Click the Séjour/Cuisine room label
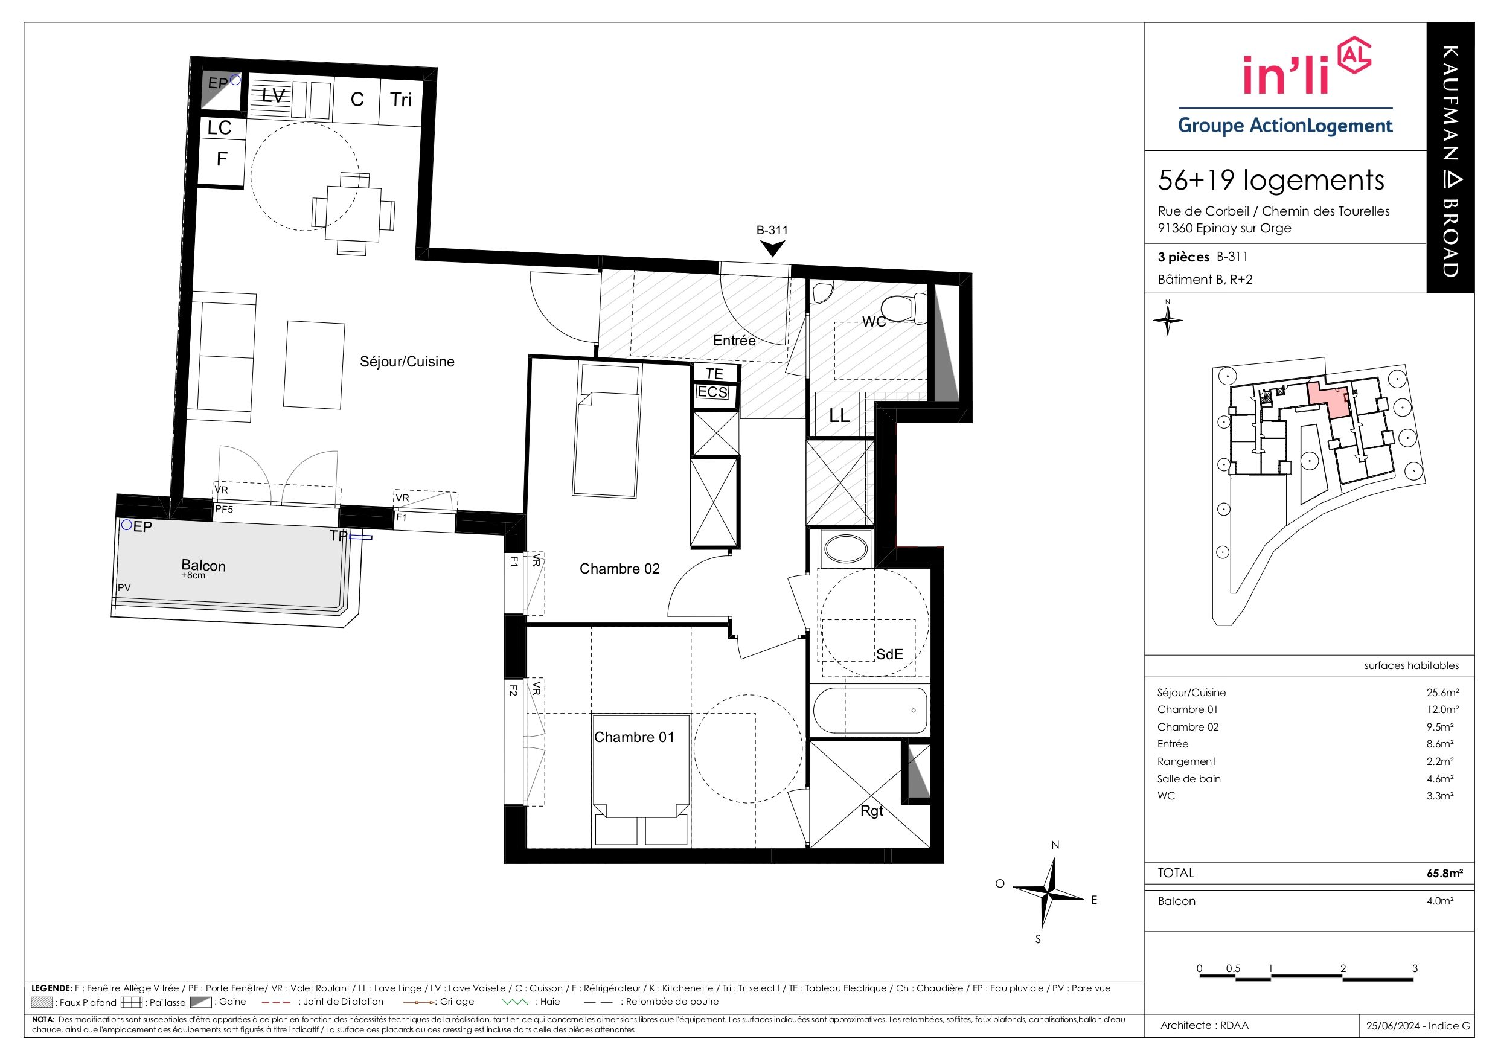pos(407,362)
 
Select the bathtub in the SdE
pos(870,711)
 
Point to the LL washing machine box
pos(839,415)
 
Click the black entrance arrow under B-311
pos(773,249)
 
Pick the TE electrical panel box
pos(715,373)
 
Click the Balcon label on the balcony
pos(203,566)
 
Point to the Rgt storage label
pos(872,810)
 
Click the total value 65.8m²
pos(1444,873)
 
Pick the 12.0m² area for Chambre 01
pos(1442,709)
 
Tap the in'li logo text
pos(1286,75)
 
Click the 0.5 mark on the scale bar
pos(1233,968)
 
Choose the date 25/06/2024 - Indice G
pos(1418,1026)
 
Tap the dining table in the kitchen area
pos(353,213)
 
